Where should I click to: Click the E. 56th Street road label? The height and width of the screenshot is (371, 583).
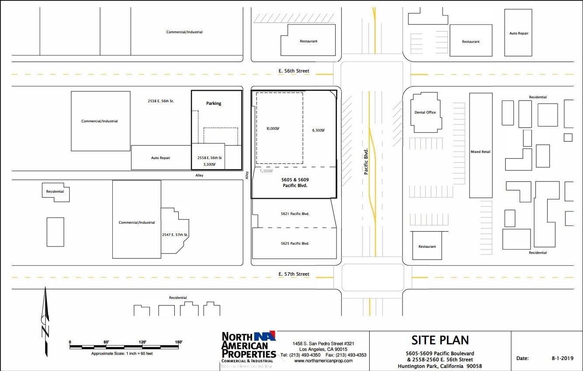294,71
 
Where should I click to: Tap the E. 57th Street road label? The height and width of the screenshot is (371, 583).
294,274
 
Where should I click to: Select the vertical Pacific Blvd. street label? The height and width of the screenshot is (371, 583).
366,162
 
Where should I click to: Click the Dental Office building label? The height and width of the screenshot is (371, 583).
425,112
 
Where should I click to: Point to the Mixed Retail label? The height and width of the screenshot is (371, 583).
480,152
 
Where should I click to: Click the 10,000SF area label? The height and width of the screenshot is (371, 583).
273,129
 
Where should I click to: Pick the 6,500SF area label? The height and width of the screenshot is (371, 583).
319,130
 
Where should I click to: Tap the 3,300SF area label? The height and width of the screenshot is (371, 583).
210,164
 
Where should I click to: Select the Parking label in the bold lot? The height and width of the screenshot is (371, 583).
214,104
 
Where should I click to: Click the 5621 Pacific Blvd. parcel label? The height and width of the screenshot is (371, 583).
295,214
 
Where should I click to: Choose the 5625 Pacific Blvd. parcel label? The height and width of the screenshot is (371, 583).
295,243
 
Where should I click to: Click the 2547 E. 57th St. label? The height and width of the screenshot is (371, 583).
175,235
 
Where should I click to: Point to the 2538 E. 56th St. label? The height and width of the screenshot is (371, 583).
161,101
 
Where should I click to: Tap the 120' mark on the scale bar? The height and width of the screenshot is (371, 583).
142,342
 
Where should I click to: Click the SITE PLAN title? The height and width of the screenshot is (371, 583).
440,340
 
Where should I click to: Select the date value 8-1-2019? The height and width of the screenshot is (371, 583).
562,358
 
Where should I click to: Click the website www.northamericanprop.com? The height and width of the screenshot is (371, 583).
323,361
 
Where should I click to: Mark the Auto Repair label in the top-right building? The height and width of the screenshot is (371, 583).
519,33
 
